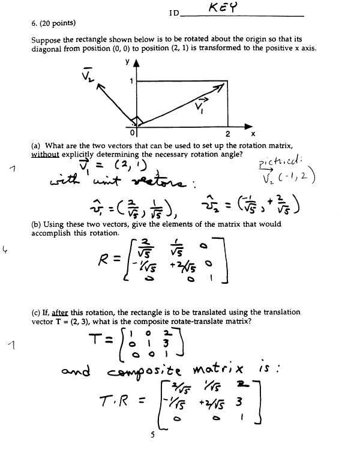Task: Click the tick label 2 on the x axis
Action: click(x=227, y=134)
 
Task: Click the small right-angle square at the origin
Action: click(x=136, y=120)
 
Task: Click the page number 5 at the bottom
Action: click(x=153, y=436)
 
